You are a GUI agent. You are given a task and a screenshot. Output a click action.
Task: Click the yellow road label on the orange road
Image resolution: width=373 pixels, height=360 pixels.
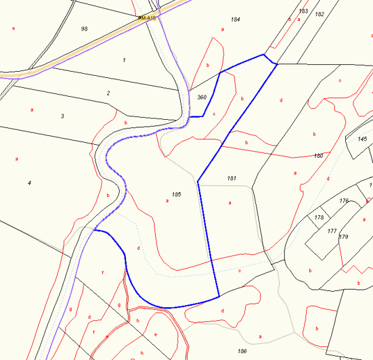[x=147, y=18]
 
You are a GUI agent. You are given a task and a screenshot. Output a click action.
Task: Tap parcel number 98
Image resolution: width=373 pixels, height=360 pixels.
[x=84, y=28]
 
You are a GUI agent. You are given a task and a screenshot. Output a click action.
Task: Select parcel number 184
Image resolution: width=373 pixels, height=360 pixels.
[x=236, y=19]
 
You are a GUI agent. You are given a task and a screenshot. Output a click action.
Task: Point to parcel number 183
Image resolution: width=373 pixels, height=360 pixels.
[x=303, y=12]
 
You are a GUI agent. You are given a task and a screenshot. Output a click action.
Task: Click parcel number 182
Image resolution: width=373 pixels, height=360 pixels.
[x=320, y=14]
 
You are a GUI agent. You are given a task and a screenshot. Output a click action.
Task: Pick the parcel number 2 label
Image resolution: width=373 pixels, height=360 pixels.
[x=108, y=93]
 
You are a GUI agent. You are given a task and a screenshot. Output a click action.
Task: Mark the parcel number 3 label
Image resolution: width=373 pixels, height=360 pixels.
[x=62, y=116]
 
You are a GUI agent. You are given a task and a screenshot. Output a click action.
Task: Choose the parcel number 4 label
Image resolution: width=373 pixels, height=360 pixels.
[x=29, y=183]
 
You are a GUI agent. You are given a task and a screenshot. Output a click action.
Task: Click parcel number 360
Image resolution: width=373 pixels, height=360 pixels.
[x=202, y=97]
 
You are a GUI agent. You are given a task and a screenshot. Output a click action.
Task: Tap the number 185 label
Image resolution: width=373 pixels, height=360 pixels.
[x=177, y=194]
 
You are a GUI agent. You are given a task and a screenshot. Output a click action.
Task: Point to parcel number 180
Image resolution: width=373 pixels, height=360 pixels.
[x=318, y=156]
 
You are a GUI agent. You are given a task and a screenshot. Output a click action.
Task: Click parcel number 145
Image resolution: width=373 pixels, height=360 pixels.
[x=363, y=139]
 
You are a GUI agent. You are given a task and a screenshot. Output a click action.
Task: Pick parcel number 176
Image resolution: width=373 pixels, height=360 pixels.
[x=344, y=200]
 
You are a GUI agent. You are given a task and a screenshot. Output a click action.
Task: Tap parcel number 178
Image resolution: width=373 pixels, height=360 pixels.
[x=319, y=217]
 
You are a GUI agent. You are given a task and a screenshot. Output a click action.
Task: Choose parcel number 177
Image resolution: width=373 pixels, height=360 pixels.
[x=332, y=231]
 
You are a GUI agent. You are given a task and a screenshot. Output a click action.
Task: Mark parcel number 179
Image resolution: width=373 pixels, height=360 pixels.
[x=343, y=236]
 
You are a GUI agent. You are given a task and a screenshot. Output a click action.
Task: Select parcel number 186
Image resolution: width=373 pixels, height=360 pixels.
[x=242, y=351]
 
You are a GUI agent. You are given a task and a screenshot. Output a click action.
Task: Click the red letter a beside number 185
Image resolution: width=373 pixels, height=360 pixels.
[x=167, y=201]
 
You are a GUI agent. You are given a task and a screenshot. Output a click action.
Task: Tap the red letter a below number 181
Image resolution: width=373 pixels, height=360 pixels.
[x=230, y=202]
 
